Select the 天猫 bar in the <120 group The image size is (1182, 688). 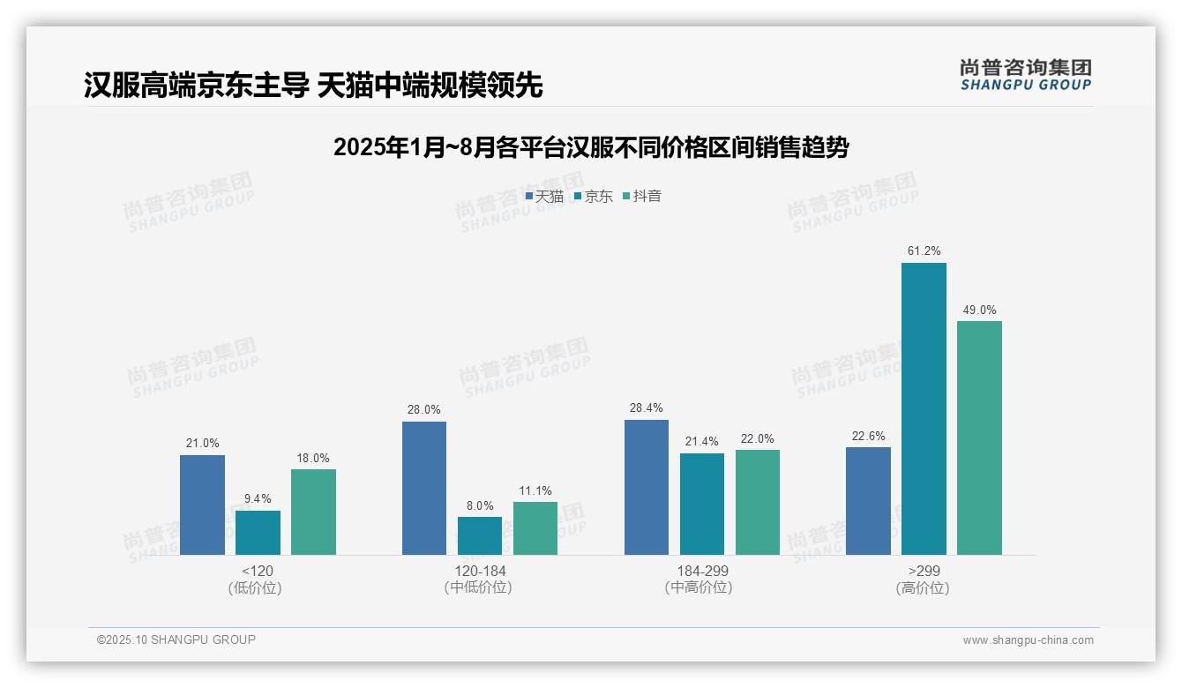(202, 505)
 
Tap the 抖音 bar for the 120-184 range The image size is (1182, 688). (535, 528)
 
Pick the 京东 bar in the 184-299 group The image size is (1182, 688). (702, 504)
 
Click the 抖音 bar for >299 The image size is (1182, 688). (979, 437)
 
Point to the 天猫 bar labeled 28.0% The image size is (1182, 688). (424, 488)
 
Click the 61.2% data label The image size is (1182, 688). (924, 251)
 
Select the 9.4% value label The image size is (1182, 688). (258, 499)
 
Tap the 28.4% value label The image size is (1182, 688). (647, 408)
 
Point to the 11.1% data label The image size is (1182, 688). (535, 490)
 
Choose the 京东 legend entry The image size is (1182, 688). (594, 197)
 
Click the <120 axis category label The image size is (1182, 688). (257, 572)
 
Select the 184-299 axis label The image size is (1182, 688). (702, 572)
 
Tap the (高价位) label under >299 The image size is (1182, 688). (923, 588)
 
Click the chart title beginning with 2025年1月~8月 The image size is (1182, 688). (591, 148)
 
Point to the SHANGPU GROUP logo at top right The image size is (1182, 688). (1026, 75)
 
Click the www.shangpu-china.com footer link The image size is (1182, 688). (1028, 640)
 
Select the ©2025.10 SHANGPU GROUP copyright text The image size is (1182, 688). (176, 640)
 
